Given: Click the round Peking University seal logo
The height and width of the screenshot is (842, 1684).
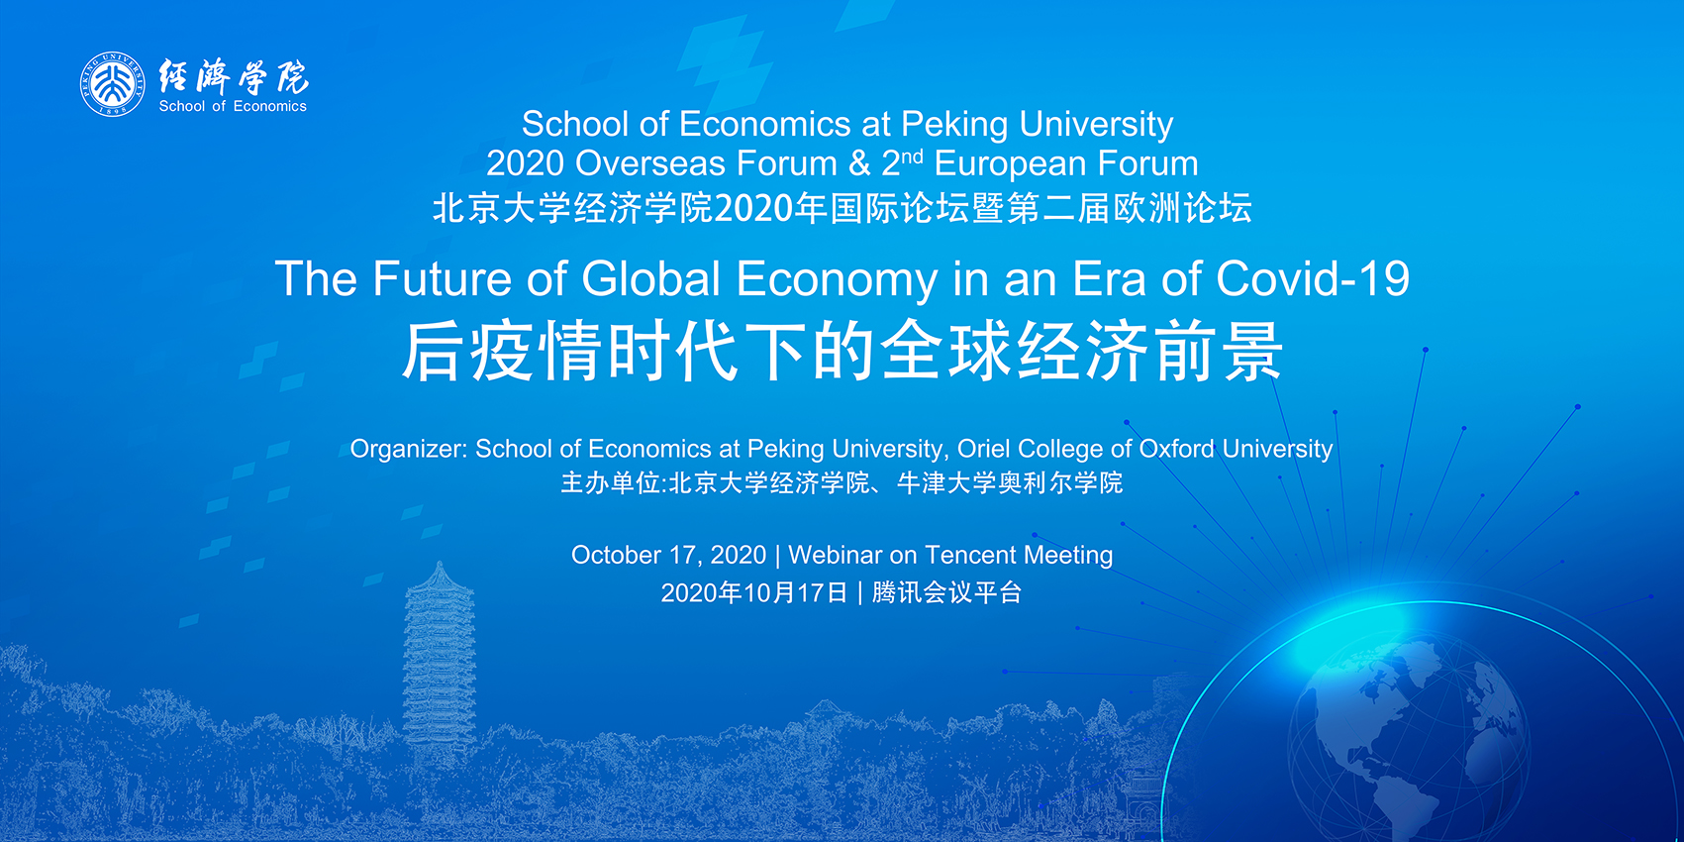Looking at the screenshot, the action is point(113,84).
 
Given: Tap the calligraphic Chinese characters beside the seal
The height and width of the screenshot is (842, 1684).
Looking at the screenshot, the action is point(234,76).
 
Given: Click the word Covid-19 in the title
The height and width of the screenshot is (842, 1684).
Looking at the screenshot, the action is point(1313,278).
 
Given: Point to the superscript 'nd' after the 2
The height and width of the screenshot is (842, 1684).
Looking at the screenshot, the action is point(912,157).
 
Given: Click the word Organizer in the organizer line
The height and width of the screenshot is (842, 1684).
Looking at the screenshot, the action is point(409,449).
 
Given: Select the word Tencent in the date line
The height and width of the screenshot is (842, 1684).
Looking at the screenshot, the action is point(970,555).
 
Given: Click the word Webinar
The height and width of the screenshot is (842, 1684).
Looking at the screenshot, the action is point(836,555).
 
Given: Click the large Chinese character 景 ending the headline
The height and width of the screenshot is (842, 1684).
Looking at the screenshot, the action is point(1253,351).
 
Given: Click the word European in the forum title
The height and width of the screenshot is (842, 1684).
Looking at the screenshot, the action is point(1009,164).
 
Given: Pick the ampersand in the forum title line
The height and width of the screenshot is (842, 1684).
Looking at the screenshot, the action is point(859,163).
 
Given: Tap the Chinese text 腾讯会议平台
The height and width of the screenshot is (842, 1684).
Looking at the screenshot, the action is point(947,592).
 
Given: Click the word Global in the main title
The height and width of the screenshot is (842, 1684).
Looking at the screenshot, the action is point(651,278).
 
